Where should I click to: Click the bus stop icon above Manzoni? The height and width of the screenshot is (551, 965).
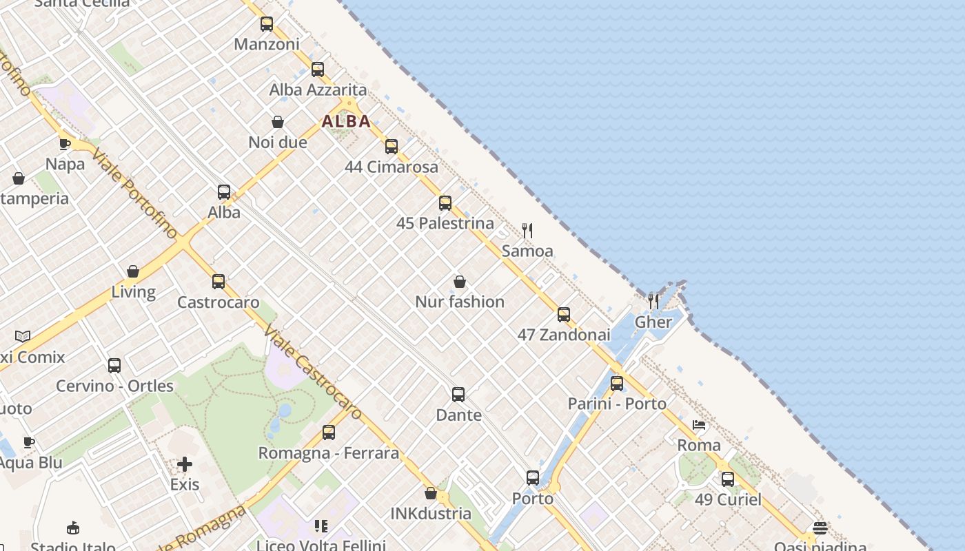267,24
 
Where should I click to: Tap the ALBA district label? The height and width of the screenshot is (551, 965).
346,121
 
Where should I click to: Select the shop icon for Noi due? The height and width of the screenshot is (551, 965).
278,122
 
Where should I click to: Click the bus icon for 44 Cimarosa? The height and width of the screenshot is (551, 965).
392,147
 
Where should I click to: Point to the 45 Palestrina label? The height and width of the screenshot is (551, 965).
445,223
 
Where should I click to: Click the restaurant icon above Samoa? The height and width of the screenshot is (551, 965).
527,231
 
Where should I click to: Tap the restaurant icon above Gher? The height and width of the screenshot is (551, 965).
653,301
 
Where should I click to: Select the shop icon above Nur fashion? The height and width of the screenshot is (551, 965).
460,282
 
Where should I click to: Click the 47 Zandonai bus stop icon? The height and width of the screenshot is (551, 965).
564,315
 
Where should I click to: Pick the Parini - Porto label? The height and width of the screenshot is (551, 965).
617,404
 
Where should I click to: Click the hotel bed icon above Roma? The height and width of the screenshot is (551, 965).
699,425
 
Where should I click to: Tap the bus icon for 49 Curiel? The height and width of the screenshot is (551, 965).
728,479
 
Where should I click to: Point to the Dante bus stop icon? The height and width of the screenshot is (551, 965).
458,395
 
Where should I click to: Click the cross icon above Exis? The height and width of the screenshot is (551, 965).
185,464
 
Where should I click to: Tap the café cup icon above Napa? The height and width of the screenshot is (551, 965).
65,144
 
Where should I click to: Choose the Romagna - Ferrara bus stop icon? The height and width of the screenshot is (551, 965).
329,433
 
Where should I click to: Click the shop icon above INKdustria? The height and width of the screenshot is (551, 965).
431,493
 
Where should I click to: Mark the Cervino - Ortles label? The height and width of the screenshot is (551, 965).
114,386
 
